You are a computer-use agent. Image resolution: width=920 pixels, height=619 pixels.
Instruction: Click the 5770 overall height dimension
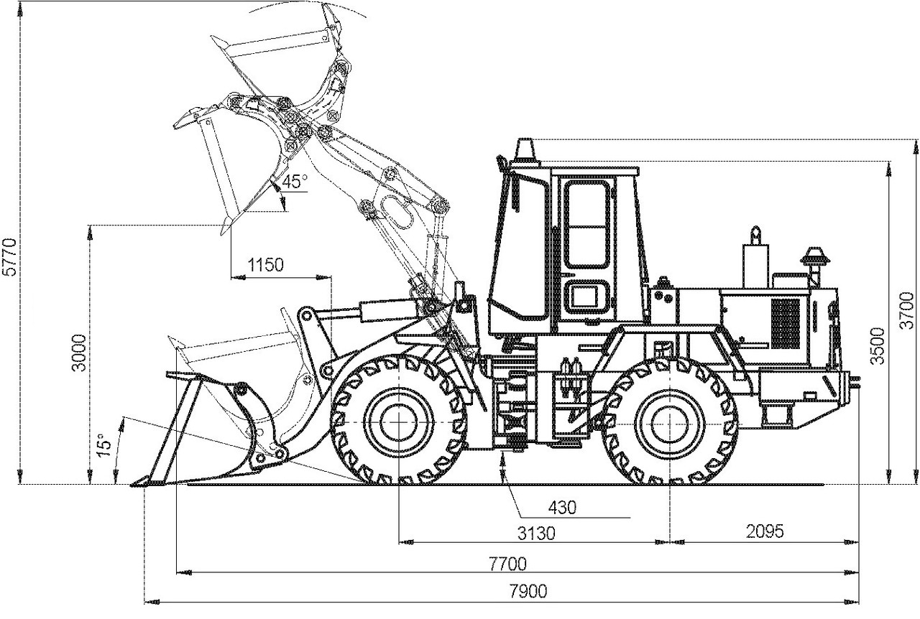click(10, 256)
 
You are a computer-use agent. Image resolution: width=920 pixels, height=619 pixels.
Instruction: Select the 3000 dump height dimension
click(79, 353)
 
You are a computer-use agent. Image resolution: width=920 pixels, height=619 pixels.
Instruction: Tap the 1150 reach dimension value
click(265, 265)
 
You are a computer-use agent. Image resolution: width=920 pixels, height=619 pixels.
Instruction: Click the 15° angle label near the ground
click(105, 445)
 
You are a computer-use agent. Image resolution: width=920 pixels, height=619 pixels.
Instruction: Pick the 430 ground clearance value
click(562, 508)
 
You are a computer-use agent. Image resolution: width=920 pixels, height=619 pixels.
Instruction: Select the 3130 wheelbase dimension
click(536, 534)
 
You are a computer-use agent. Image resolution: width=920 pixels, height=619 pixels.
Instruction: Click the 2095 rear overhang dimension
click(765, 531)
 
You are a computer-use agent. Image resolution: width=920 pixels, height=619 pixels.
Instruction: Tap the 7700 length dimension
click(507, 564)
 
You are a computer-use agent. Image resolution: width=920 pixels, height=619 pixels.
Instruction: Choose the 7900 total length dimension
click(528, 591)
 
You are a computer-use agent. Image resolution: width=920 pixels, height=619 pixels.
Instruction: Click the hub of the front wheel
click(399, 423)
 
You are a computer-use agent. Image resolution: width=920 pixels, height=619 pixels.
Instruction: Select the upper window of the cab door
click(587, 224)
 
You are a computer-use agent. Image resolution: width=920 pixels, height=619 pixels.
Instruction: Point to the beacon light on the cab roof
click(525, 152)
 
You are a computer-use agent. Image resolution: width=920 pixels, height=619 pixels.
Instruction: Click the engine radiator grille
click(786, 323)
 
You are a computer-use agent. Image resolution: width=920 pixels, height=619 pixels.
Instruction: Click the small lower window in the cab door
click(587, 297)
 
